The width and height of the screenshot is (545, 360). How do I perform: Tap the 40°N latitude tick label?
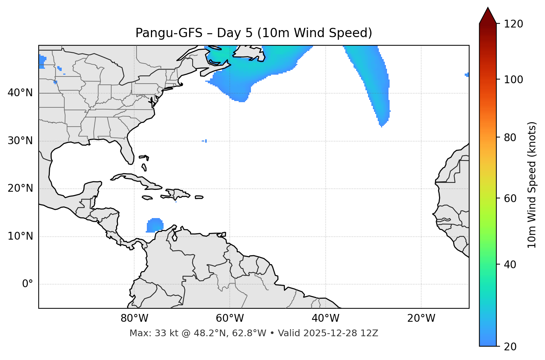[x=20, y=93]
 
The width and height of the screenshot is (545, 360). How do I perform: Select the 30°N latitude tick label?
[x=20, y=141]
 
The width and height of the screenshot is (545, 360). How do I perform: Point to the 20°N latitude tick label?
[x=20, y=188]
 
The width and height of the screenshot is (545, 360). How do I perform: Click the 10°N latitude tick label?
[x=20, y=236]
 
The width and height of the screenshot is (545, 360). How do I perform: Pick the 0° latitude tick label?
[x=27, y=284]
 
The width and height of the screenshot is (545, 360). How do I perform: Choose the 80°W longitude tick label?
[x=134, y=318]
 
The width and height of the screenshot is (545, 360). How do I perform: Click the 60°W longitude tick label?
[x=230, y=318]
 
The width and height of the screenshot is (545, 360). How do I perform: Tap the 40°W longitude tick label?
[x=325, y=318]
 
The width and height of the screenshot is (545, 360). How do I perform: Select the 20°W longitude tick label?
[x=421, y=318]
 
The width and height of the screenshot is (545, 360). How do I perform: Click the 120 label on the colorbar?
[x=513, y=24]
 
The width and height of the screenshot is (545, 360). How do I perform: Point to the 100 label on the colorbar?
[x=513, y=80]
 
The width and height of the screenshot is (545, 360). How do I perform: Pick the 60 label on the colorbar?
[x=511, y=198]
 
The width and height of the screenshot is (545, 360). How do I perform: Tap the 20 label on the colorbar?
[x=511, y=347]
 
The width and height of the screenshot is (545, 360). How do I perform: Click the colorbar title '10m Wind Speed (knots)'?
[x=532, y=185]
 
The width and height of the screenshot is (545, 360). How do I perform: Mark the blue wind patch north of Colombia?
[x=155, y=226]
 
